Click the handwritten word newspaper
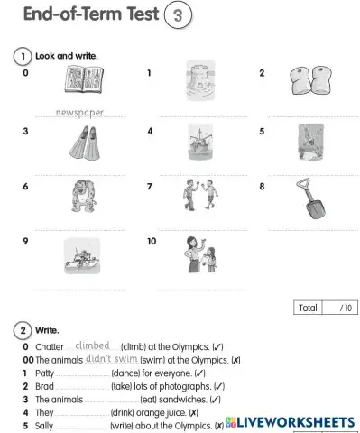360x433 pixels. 79,113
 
